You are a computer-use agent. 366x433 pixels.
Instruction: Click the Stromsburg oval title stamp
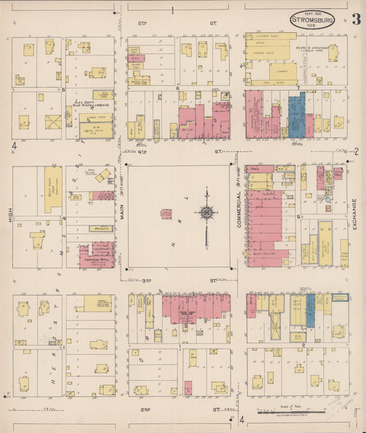pyautogui.click(x=312, y=19)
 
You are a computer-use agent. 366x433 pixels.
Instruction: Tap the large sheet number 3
pyautogui.click(x=356, y=18)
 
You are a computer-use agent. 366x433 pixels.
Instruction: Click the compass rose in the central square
pyautogui.click(x=207, y=212)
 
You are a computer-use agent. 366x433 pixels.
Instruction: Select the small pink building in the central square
pyautogui.click(x=166, y=214)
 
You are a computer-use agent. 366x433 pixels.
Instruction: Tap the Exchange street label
pyautogui.click(x=355, y=213)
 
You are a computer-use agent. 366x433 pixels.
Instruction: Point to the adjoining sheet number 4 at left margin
pyautogui.click(x=14, y=146)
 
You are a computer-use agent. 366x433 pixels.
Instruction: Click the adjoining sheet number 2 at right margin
pyautogui.click(x=356, y=151)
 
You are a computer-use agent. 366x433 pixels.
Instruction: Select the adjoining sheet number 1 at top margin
pyautogui.click(x=172, y=10)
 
